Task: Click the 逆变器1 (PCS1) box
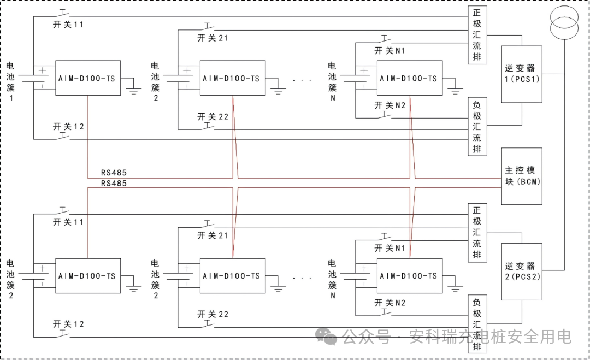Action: pos(522,74)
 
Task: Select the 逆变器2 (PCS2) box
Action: pos(522,272)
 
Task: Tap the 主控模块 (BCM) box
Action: pos(522,176)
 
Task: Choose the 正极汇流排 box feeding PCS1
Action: pos(477,35)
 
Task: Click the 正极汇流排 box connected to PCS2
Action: pos(477,233)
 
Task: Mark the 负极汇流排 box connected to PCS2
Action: pos(477,324)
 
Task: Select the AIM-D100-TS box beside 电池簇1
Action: pos(87,78)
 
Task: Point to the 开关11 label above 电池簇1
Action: pos(68,25)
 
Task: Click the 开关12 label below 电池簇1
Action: pos(68,127)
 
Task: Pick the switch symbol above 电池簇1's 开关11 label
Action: pos(64,13)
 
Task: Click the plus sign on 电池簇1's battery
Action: pos(42,70)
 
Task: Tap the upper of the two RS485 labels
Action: pos(114,173)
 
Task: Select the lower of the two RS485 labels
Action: pos(114,184)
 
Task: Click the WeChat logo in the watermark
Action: pos(328,336)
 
